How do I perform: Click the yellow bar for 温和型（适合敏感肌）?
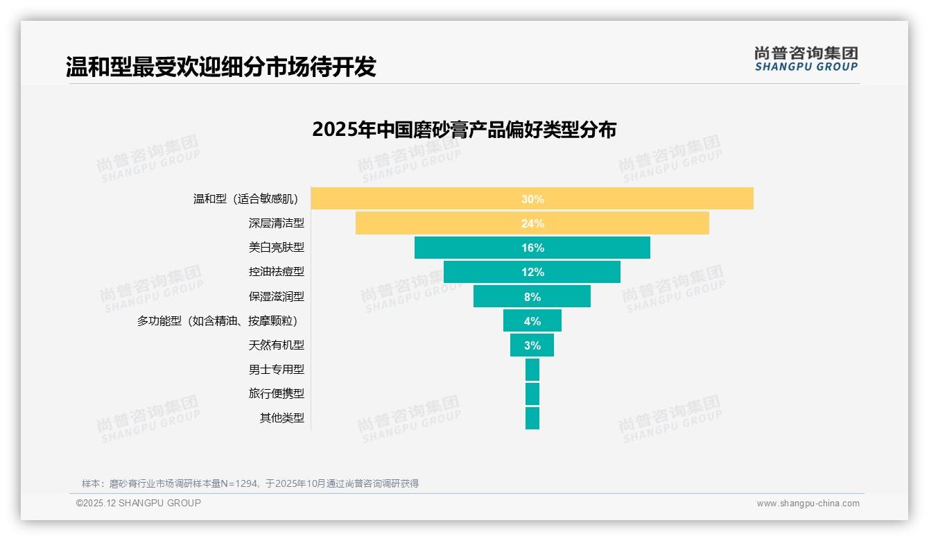tap(416, 198)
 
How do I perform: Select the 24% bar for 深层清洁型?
tap(444, 223)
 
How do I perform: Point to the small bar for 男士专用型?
tap(532, 370)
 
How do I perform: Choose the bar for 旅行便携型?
tap(532, 394)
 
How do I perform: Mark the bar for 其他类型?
tap(532, 418)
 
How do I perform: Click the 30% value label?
tap(532, 199)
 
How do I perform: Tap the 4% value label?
tap(532, 321)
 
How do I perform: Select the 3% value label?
tap(532, 345)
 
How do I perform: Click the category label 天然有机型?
tap(276, 345)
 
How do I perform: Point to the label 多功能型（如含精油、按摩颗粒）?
tap(220, 320)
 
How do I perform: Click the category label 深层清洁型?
tap(276, 223)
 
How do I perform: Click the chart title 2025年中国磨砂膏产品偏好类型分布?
tap(464, 130)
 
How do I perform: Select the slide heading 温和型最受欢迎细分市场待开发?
tap(220, 67)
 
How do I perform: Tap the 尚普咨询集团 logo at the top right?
tap(806, 58)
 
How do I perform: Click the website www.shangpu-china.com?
tap(808, 504)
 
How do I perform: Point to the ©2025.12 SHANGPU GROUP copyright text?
tap(139, 503)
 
